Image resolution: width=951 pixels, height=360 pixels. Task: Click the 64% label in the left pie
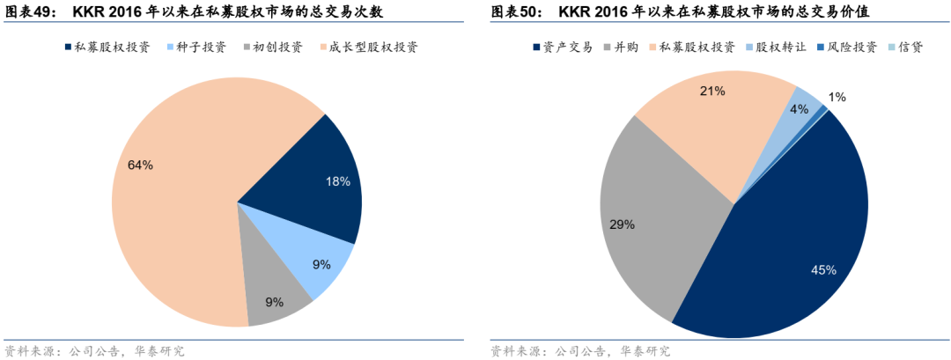[x=140, y=165]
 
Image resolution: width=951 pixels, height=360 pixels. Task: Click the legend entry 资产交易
[x=568, y=47]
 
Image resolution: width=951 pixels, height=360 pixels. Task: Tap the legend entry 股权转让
[x=775, y=47]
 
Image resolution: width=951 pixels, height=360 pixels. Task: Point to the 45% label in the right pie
[x=823, y=270]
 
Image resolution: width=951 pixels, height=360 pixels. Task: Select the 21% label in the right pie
[x=713, y=90]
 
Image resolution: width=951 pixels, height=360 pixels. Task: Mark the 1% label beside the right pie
[x=837, y=97]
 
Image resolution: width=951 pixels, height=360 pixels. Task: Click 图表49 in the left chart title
[x=28, y=11]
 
